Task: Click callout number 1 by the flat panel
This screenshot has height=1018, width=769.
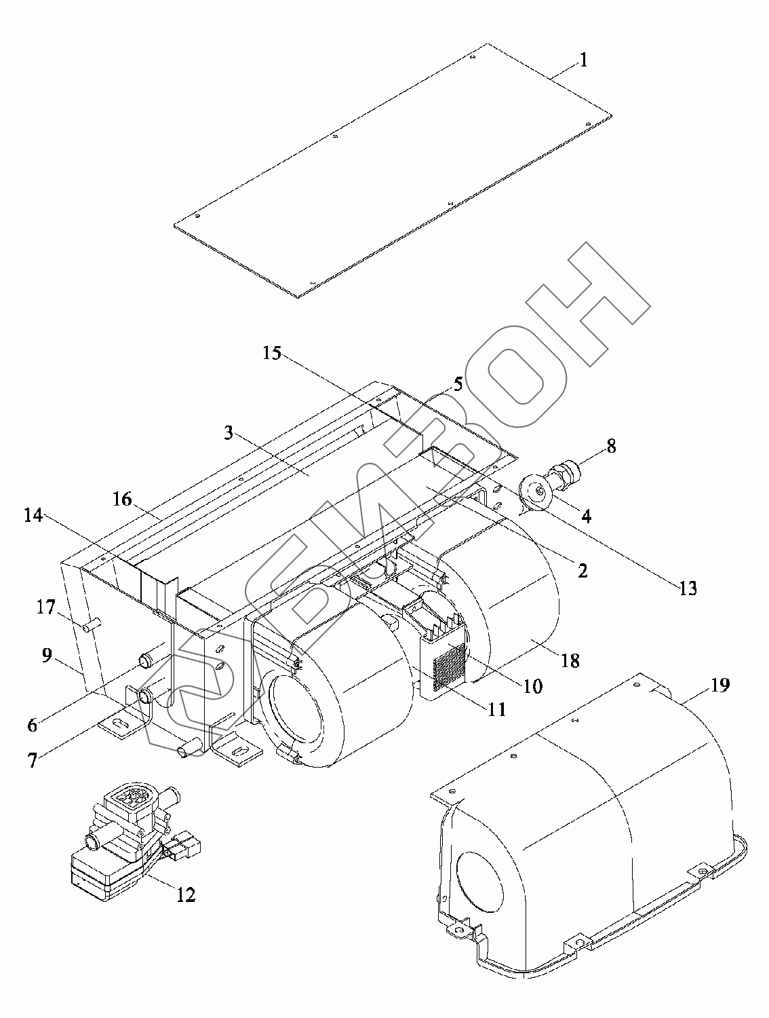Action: coord(583,60)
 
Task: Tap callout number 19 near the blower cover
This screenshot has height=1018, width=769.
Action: coord(720,685)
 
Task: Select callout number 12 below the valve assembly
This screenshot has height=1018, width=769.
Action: coord(185,894)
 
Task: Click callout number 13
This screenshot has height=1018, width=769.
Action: coord(688,588)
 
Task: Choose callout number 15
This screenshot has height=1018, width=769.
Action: coord(272,354)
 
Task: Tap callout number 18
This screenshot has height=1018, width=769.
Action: coord(570,660)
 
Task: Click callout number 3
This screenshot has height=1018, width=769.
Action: coord(229,432)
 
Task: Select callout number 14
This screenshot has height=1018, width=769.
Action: coord(33,516)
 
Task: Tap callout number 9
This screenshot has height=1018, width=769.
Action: coord(46,656)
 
